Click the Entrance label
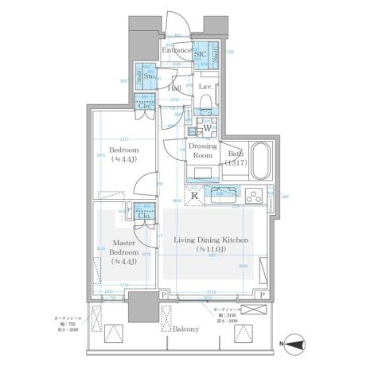pos(177,51)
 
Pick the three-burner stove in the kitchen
pos(257,195)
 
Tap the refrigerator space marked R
pos(194,197)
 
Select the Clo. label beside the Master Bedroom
pos(145,215)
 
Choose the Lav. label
pos(204,86)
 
